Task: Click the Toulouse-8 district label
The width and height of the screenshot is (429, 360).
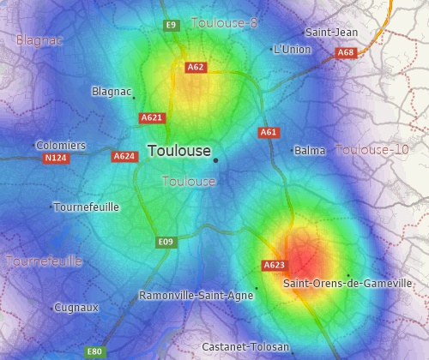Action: point(225,22)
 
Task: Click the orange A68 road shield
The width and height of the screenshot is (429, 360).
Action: point(346,53)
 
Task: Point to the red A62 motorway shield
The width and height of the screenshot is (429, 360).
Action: point(196,67)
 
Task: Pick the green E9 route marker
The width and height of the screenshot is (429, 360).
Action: point(171,25)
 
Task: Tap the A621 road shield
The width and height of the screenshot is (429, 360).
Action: point(152,117)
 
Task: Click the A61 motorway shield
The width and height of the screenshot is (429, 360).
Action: point(269,133)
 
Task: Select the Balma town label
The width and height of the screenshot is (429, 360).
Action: point(310,151)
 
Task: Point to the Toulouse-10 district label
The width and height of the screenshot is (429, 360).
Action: point(372,150)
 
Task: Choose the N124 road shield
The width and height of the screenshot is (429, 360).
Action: point(56,159)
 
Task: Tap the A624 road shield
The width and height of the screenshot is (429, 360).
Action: point(124,157)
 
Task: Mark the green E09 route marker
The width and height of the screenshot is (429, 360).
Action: point(166,243)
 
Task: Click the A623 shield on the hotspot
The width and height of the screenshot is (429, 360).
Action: point(275,265)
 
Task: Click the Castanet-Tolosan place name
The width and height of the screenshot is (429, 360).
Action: point(245,346)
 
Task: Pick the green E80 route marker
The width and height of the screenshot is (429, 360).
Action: point(94,351)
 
